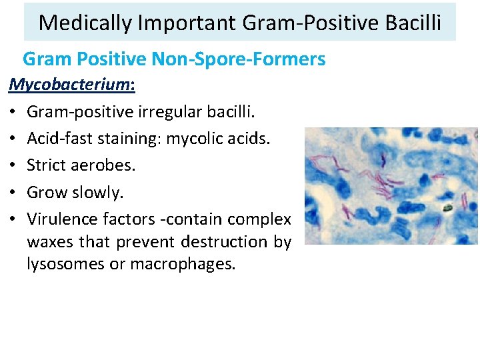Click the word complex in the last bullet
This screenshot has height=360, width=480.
259,219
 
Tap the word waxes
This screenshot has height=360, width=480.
50,241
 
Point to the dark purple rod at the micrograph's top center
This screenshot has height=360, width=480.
385,159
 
